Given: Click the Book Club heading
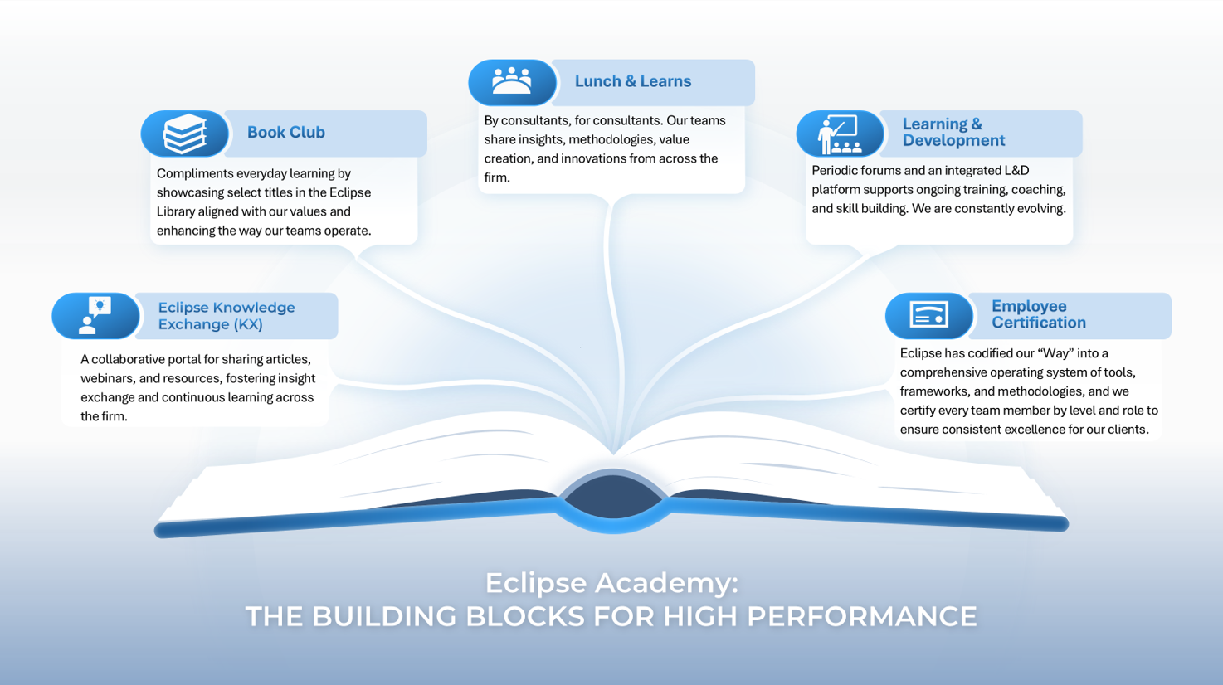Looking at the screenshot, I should (x=285, y=133).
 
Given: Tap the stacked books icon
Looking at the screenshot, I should (x=184, y=134).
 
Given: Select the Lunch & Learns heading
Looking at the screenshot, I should (x=632, y=81).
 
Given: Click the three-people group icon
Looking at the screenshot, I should (x=512, y=81).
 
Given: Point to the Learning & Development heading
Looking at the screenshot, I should (x=953, y=133).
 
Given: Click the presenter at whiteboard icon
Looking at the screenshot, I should (x=840, y=134).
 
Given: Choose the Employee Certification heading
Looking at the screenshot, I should (x=1038, y=314).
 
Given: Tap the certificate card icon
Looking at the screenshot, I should (x=928, y=315).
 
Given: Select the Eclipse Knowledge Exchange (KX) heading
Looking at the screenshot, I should (x=226, y=316).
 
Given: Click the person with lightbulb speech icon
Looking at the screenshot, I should (x=95, y=315).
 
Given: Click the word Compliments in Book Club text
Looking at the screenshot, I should (x=195, y=174).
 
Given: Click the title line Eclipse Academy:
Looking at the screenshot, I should (x=611, y=583).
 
